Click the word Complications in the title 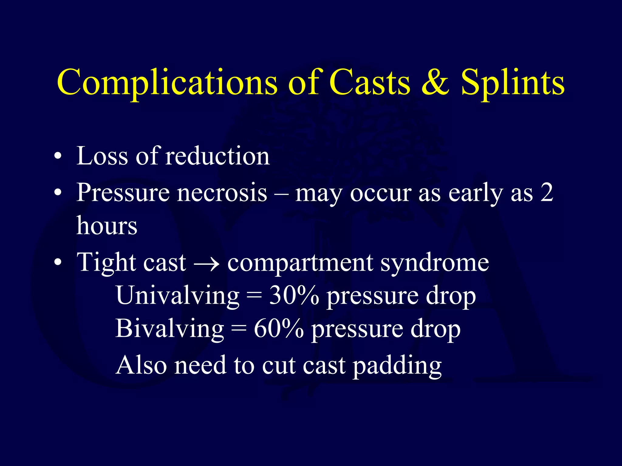[167, 83]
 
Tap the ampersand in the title [435, 83]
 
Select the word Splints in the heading [513, 83]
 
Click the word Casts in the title [370, 83]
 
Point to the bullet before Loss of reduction [58, 157]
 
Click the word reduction [217, 156]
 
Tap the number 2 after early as [547, 193]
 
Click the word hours [107, 226]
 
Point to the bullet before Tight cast [58, 262]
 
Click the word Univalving [178, 296]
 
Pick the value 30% [294, 296]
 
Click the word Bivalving [169, 329]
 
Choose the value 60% [279, 329]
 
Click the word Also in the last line [141, 365]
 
